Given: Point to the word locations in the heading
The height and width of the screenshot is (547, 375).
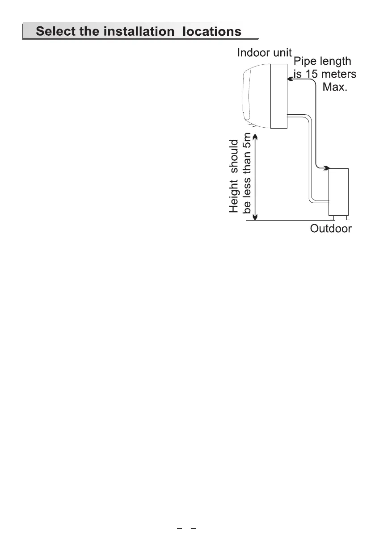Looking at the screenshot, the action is pyautogui.click(x=210, y=32).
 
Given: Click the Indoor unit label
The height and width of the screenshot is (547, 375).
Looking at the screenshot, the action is pyautogui.click(x=264, y=53).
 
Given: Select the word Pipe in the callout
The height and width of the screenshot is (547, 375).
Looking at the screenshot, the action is pyautogui.click(x=304, y=61).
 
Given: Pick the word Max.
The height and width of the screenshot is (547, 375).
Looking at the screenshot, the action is pyautogui.click(x=335, y=86).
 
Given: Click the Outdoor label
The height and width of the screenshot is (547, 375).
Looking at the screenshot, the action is pyautogui.click(x=331, y=229).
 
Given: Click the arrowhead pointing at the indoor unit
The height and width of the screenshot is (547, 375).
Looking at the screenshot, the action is pyautogui.click(x=290, y=79).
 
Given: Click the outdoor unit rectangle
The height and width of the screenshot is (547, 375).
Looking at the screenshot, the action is pyautogui.click(x=338, y=192).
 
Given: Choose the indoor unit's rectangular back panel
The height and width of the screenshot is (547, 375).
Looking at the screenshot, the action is pyautogui.click(x=278, y=96).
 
